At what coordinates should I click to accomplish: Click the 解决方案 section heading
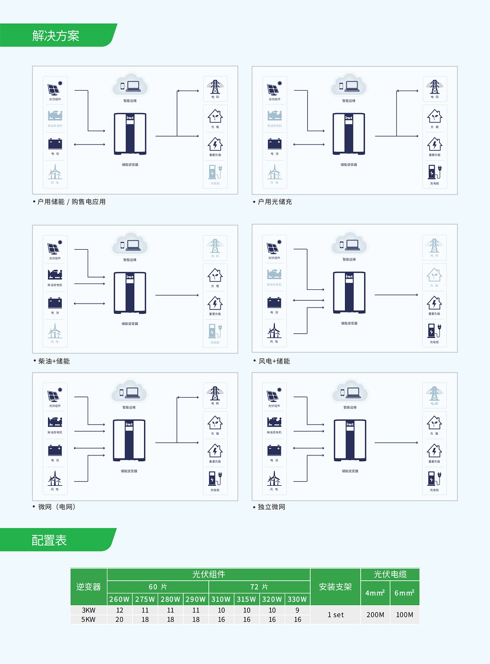[x=56, y=36]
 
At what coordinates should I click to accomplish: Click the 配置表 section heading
[x=49, y=540]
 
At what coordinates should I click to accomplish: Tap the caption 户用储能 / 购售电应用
[x=72, y=202]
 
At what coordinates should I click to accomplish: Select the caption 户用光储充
[x=275, y=202]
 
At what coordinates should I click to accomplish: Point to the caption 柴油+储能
[x=54, y=361]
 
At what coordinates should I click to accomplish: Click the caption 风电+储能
[x=274, y=361]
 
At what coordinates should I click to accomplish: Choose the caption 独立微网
[x=271, y=507]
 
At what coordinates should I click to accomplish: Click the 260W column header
[x=120, y=599]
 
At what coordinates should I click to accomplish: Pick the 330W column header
[x=297, y=599]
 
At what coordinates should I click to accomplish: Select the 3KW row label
[x=89, y=610]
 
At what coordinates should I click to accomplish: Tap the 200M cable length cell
[x=375, y=615]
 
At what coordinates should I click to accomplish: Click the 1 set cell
[x=336, y=615]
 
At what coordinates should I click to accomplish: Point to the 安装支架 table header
[x=336, y=587]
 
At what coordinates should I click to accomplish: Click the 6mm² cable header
[x=405, y=593]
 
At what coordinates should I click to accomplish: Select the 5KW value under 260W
[x=120, y=619]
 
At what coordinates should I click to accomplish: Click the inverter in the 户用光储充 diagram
[x=349, y=134]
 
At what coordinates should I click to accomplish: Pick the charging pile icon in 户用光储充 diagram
[x=435, y=172]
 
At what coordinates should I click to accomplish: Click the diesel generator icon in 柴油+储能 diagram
[x=55, y=274]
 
